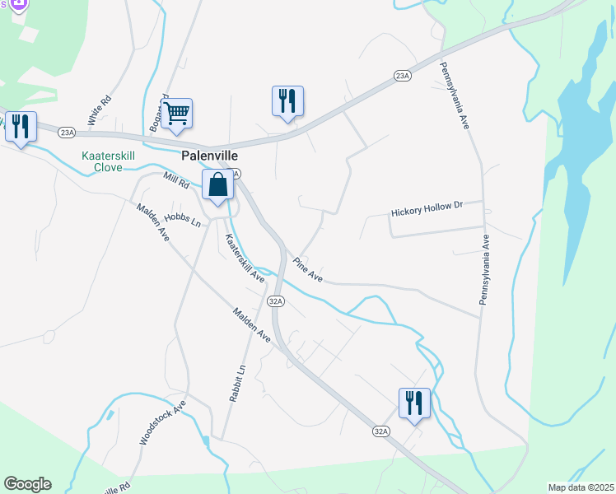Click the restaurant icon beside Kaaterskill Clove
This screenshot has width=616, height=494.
[x=21, y=127]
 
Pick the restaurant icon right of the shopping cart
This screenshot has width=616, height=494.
[x=287, y=101]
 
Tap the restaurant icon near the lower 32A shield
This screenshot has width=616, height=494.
[x=414, y=403]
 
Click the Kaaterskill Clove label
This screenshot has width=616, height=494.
[x=102, y=161]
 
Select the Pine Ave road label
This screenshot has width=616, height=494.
[x=308, y=271]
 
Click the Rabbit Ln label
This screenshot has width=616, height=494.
[x=236, y=383]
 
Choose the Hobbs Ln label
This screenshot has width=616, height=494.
[x=182, y=219]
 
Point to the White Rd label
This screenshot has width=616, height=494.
[x=100, y=111]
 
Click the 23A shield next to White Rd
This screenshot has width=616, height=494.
[x=67, y=131]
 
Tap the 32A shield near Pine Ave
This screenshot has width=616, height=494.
[x=276, y=301]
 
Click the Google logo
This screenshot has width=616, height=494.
[x=27, y=484]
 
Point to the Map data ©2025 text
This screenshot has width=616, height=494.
[x=580, y=487]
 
